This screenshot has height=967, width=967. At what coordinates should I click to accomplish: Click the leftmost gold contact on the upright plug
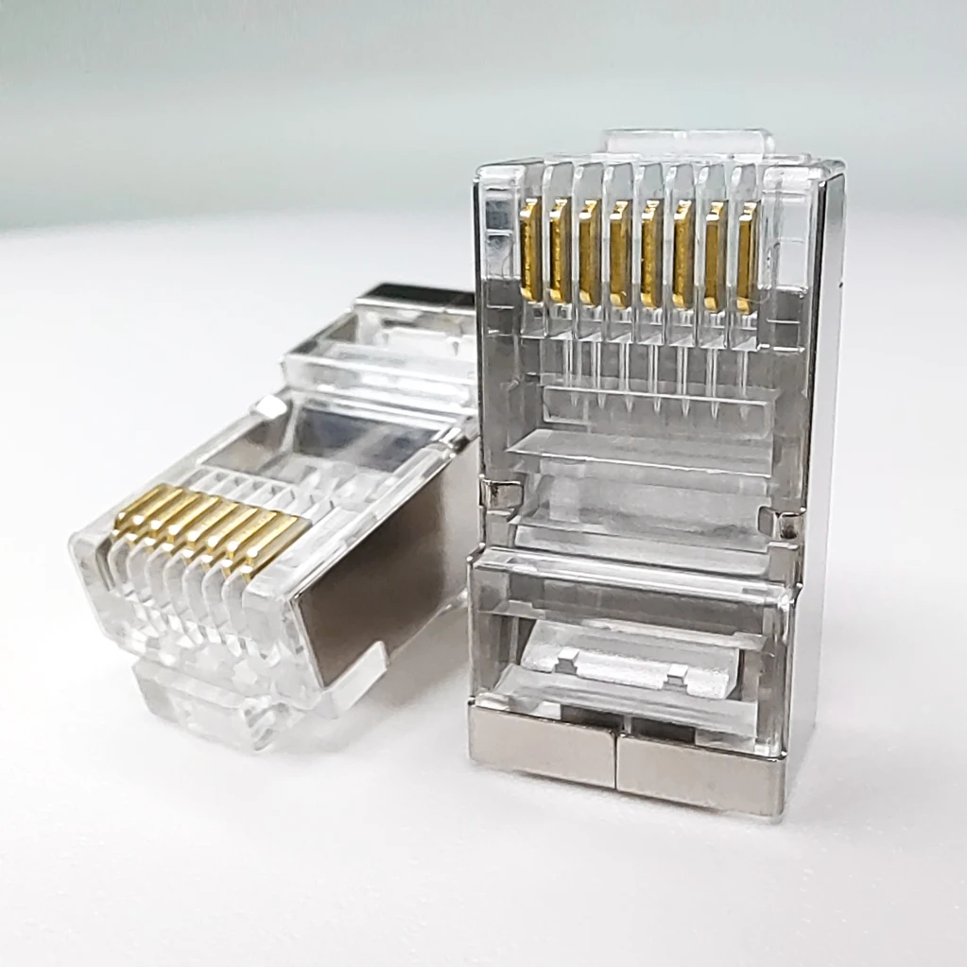pos(530,249)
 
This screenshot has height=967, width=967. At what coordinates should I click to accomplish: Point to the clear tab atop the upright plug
pos(688,142)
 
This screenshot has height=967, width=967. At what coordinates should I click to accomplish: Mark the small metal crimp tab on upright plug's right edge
pos(788,523)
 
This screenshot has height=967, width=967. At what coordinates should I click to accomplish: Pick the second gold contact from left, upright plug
pos(560,250)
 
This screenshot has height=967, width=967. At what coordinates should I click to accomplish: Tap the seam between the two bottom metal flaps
pos(616,761)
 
